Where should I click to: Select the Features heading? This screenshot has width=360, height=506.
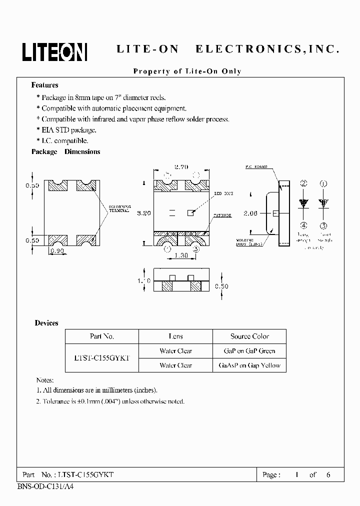[44, 85]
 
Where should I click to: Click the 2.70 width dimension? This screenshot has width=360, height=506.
[181, 167]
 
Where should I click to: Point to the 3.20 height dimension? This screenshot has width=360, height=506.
[145, 212]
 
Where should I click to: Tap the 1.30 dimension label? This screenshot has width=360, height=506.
[181, 255]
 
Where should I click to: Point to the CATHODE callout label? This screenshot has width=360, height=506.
[222, 215]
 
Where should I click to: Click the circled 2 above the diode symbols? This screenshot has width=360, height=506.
[303, 184]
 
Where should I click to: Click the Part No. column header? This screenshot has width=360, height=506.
[102, 336]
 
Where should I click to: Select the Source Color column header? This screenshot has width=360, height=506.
[249, 336]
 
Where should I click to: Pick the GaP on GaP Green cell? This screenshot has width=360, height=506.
[249, 351]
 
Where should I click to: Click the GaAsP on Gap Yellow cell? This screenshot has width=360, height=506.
[249, 365]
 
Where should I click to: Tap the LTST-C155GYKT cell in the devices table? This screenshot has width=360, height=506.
[102, 358]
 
